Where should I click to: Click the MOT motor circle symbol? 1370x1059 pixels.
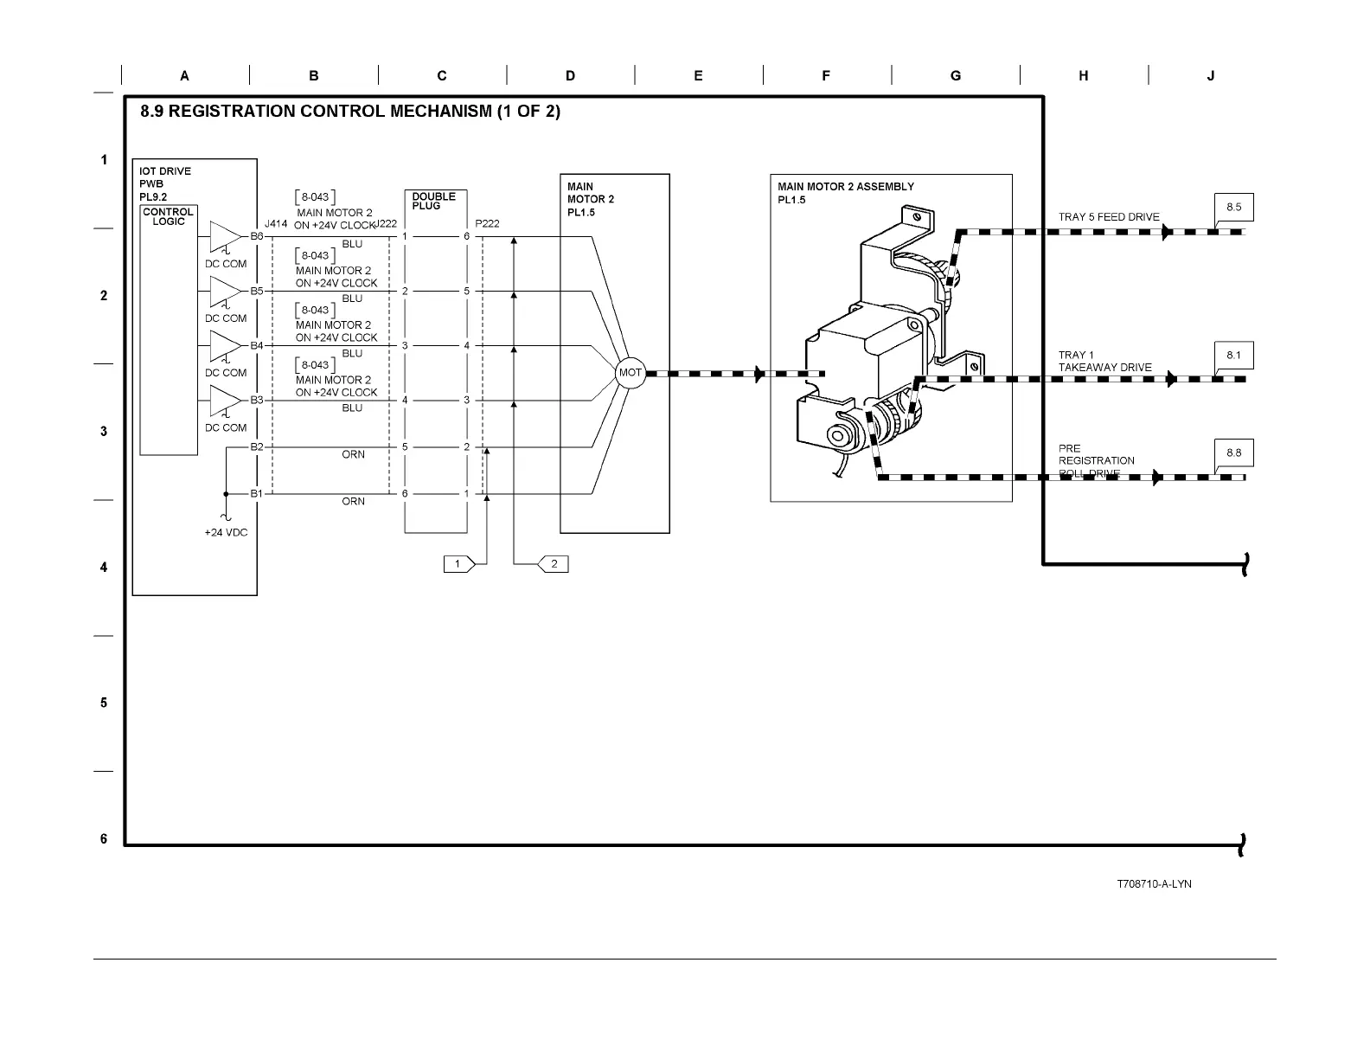point(631,373)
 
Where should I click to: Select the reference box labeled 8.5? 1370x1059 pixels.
point(1233,208)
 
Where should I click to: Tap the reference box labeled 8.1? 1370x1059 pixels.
point(1233,356)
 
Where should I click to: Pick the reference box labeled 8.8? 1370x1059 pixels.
point(1233,452)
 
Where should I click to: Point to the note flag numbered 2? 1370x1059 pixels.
point(553,564)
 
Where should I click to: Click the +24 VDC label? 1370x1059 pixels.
point(226,532)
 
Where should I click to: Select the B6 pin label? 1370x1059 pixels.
point(257,236)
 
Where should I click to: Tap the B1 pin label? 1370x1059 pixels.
point(257,493)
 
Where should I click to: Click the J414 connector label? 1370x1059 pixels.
point(276,223)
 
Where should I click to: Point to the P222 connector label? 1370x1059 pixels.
point(487,223)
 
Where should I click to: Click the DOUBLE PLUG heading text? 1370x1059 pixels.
point(433,201)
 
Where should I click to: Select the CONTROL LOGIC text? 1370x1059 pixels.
point(169,216)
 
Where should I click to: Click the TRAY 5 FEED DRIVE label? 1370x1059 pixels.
point(1109,217)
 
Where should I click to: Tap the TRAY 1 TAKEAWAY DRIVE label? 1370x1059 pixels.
point(1104,362)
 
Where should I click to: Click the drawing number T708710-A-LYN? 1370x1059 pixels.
point(1154,883)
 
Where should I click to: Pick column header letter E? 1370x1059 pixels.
point(698,76)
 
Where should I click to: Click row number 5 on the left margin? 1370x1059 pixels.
point(104,703)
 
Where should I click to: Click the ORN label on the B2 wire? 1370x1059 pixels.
point(353,454)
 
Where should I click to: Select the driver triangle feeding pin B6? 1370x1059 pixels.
point(225,236)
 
